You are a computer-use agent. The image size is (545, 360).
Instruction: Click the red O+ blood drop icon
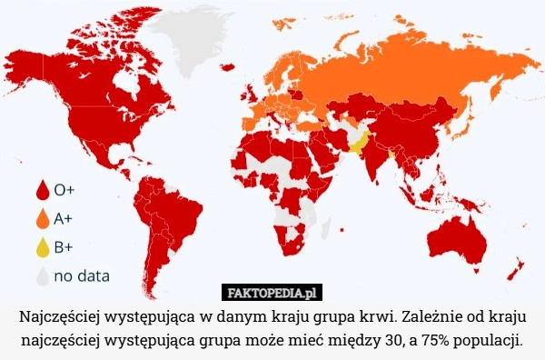tap(42, 192)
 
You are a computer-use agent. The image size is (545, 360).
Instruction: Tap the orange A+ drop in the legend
tap(42, 219)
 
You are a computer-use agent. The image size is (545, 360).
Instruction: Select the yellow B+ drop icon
tap(42, 246)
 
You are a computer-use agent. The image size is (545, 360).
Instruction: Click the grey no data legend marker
tap(42, 274)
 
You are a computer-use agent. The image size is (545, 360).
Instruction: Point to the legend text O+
tap(64, 192)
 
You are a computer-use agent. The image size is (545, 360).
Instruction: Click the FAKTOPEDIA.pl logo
tap(272, 293)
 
